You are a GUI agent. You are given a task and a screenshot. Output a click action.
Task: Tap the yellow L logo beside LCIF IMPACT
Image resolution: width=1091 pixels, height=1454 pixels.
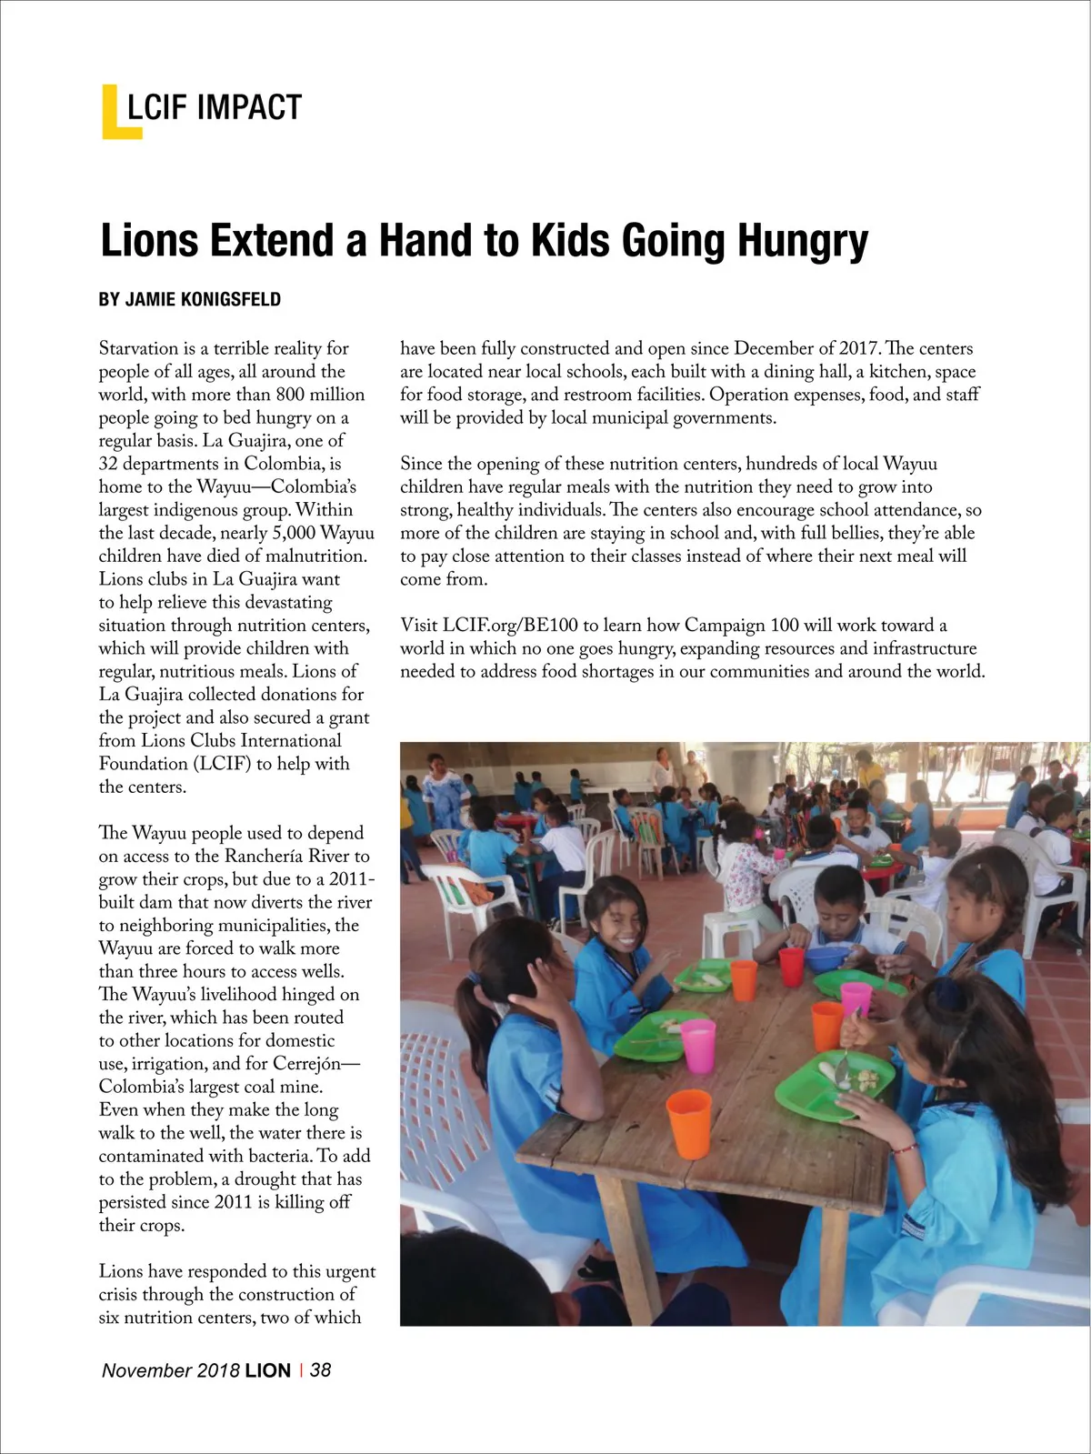(x=114, y=113)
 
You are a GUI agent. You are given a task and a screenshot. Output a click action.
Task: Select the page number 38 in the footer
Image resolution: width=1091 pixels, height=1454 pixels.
(x=320, y=1369)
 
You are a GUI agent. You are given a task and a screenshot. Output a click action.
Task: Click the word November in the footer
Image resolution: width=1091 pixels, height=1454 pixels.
(x=146, y=1370)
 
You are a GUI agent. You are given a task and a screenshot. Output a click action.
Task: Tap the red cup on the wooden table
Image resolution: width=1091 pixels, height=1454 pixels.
(x=792, y=966)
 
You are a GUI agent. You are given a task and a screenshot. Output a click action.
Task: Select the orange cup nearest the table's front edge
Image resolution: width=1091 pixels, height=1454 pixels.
(x=688, y=1124)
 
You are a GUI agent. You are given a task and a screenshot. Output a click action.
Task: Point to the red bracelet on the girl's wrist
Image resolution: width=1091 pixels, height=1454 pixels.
(x=903, y=1148)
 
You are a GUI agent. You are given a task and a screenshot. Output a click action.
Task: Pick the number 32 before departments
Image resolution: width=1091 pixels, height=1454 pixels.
(x=109, y=464)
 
